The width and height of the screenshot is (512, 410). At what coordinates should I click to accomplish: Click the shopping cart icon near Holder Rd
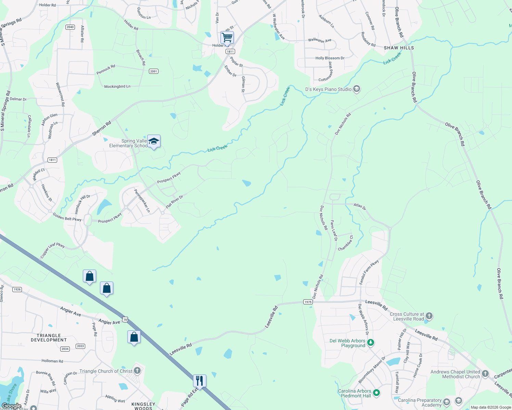tap(227, 37)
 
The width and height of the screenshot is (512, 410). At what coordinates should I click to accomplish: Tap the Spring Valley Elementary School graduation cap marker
tap(154, 141)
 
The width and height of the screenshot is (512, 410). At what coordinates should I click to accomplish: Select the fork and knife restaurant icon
tap(200, 380)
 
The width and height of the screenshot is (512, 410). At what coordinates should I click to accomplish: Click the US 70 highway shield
tap(125, 320)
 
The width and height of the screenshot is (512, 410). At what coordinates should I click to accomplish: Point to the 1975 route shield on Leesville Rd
tap(308, 302)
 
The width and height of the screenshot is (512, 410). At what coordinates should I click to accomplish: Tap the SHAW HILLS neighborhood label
tap(399, 48)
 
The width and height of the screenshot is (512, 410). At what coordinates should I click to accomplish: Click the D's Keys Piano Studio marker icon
tap(357, 89)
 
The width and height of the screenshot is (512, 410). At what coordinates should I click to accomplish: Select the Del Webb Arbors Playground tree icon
tap(370, 342)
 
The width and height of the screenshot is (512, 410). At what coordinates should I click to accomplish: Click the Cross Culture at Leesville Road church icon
tap(429, 316)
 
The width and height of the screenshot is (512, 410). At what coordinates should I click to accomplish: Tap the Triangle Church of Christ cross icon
tap(137, 371)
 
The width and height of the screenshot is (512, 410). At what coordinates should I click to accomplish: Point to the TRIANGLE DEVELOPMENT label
tap(49, 338)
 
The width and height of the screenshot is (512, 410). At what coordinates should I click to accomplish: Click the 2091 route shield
tap(154, 71)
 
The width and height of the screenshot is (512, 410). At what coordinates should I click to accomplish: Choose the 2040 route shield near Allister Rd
tap(70, 27)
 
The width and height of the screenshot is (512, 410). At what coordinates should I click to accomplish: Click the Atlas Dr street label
tap(360, 206)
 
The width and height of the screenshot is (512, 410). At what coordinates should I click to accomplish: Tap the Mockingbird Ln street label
tap(117, 86)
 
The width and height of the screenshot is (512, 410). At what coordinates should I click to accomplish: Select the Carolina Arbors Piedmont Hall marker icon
tap(376, 393)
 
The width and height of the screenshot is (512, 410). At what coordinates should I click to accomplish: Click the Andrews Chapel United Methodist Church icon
tap(485, 374)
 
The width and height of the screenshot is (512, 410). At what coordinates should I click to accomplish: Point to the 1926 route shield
tap(17, 289)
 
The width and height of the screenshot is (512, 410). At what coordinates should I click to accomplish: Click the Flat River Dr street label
tap(175, 202)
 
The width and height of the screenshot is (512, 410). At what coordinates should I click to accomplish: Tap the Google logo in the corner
tap(11, 406)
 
